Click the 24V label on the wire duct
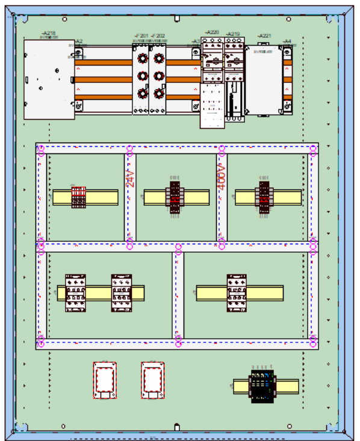tap(130, 178)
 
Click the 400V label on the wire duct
tap(221, 176)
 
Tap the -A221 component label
tap(264, 37)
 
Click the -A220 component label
tap(212, 32)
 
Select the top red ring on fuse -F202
tap(159, 58)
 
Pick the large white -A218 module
tap(49, 79)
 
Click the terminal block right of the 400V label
tap(265, 197)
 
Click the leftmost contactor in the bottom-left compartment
tap(75, 293)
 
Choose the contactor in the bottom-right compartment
tap(237, 293)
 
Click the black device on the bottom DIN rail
tap(261, 386)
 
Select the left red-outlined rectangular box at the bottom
tap(105, 380)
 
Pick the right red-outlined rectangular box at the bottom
tap(152, 380)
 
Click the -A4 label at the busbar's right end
tap(287, 42)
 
